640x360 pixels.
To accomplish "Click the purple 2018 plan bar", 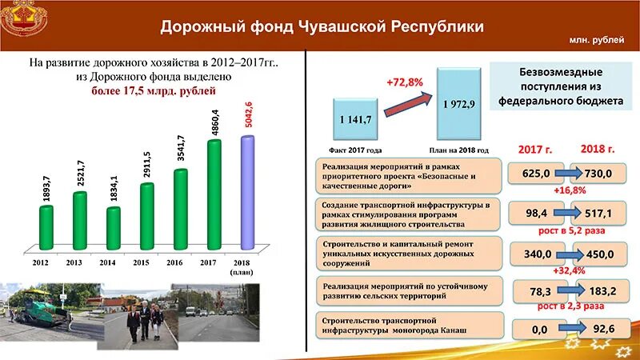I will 247,192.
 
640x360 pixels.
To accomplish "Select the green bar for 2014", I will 113,226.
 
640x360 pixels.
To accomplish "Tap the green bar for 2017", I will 214,194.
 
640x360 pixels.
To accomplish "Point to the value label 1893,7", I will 46,186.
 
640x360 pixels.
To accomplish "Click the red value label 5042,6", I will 248,114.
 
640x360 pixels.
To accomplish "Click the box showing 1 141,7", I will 355,119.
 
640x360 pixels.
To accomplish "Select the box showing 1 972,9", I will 459,105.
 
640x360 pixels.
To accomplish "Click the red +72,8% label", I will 403,82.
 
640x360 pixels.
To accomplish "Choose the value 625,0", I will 535,174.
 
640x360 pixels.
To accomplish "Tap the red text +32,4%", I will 569,270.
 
